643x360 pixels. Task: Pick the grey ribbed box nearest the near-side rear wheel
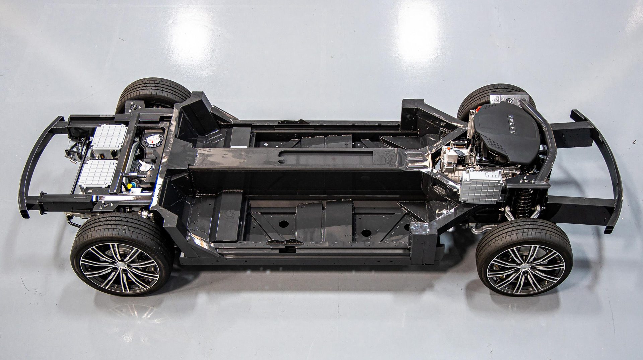coord(99,172)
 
